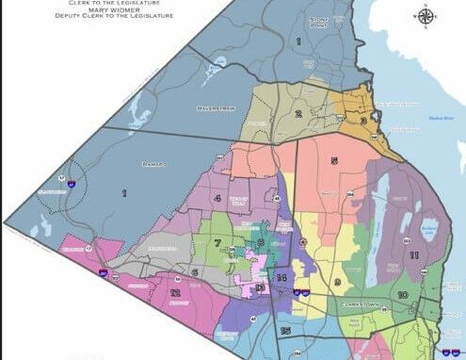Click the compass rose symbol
426,15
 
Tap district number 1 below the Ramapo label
121,193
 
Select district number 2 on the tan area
297,114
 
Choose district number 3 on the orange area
362,120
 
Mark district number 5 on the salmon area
333,161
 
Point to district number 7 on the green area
217,243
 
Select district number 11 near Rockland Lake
413,254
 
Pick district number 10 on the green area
402,295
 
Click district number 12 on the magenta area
175,292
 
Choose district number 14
281,278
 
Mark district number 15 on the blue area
284,331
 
